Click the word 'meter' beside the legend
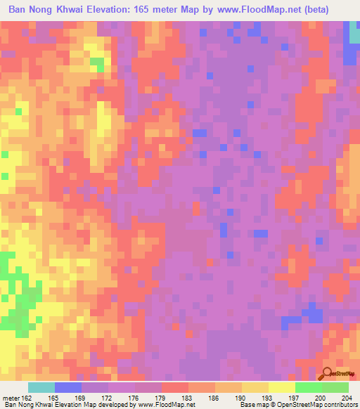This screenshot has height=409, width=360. tap(11, 397)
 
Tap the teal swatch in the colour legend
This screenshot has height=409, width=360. tap(41, 387)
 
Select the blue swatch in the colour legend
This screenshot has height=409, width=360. tap(68, 387)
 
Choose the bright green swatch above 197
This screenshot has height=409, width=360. tap(309, 387)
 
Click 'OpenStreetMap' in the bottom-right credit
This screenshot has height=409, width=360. tap(292, 405)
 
